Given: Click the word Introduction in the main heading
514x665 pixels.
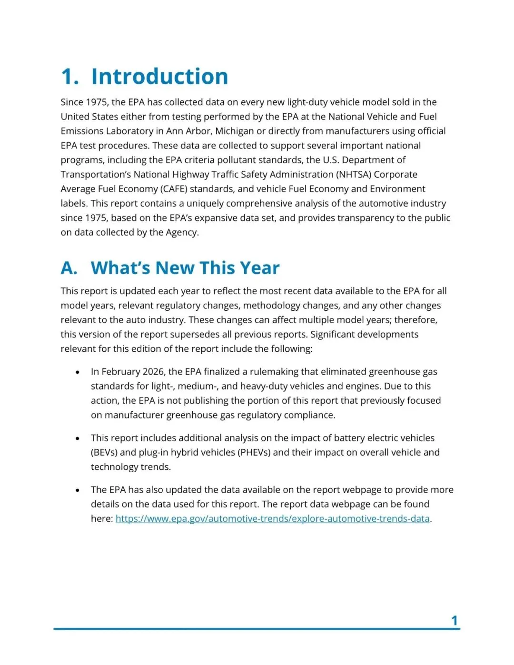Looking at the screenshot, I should (159, 77).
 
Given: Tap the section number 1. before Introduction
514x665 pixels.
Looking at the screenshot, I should (70, 77).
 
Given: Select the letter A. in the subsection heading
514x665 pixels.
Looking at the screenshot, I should (69, 268).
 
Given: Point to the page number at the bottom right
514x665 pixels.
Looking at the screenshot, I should (454, 620).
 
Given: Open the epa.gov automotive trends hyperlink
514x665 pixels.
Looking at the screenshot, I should (272, 518).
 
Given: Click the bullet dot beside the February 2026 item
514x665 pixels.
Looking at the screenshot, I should (78, 372).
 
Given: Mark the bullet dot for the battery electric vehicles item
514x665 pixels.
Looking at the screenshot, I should (78, 438).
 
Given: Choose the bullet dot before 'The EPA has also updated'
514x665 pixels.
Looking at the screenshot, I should (78, 490).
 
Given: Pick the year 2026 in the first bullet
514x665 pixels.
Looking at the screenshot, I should (153, 371).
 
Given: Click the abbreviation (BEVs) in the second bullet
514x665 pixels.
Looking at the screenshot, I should (104, 452).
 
